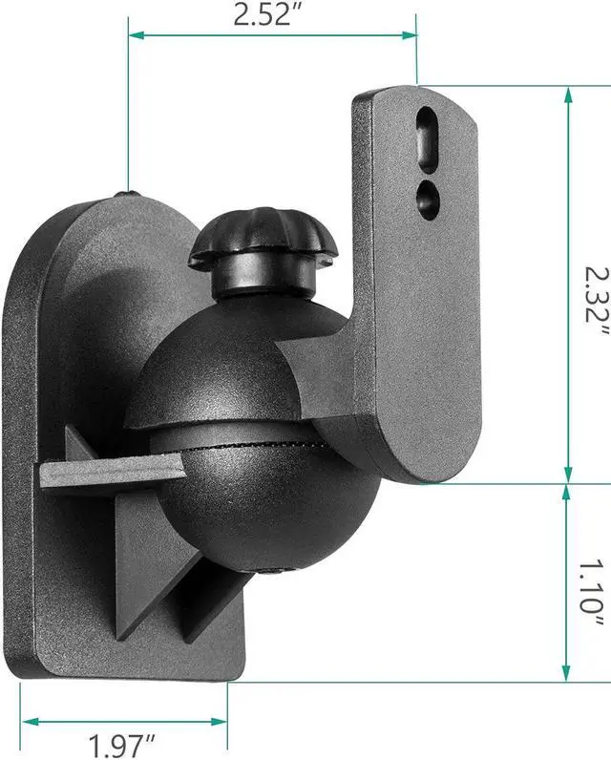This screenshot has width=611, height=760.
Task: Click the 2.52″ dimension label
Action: [273, 15]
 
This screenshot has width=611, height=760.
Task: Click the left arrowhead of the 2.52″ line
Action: [135, 36]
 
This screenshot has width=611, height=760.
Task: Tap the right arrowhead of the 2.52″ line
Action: [411, 36]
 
